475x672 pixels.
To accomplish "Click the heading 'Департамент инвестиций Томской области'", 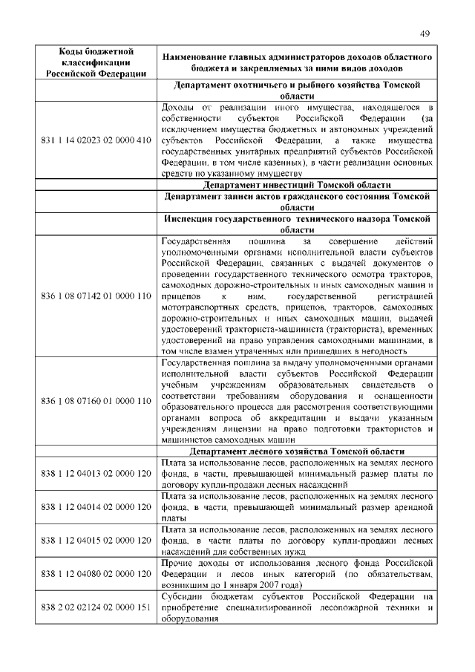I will click(296, 185).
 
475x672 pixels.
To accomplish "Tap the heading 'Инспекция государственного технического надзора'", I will click(296, 225).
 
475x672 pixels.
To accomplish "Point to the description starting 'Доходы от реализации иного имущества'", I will click(296, 140).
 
